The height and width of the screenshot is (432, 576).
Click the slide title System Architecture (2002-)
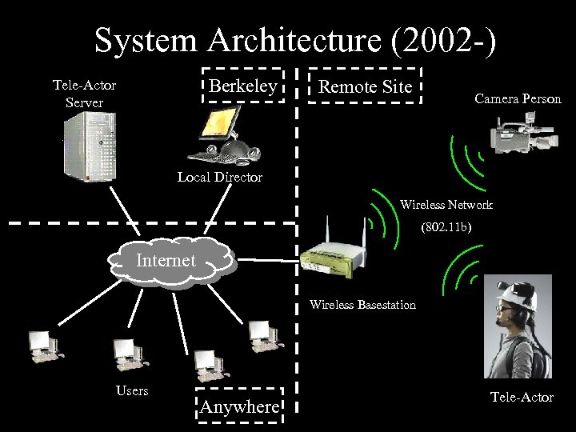tap(295, 39)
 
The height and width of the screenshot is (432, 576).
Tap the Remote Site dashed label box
tap(365, 86)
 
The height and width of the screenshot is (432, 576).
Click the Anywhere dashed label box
tap(239, 406)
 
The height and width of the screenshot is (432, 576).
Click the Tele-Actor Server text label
tap(83, 93)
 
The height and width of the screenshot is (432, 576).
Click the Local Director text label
tap(219, 177)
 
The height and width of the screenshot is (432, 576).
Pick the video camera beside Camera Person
tap(519, 134)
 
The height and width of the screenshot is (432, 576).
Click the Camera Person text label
tap(518, 99)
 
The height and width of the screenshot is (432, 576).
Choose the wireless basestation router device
tap(334, 253)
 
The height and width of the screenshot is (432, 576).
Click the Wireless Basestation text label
tap(362, 305)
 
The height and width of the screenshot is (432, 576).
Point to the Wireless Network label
tap(446, 205)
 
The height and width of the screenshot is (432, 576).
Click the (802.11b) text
tap(446, 229)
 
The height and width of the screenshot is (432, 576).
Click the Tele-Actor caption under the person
tap(522, 398)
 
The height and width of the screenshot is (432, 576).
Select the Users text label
tap(132, 390)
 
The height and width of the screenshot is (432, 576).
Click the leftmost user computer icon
tap(42, 345)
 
